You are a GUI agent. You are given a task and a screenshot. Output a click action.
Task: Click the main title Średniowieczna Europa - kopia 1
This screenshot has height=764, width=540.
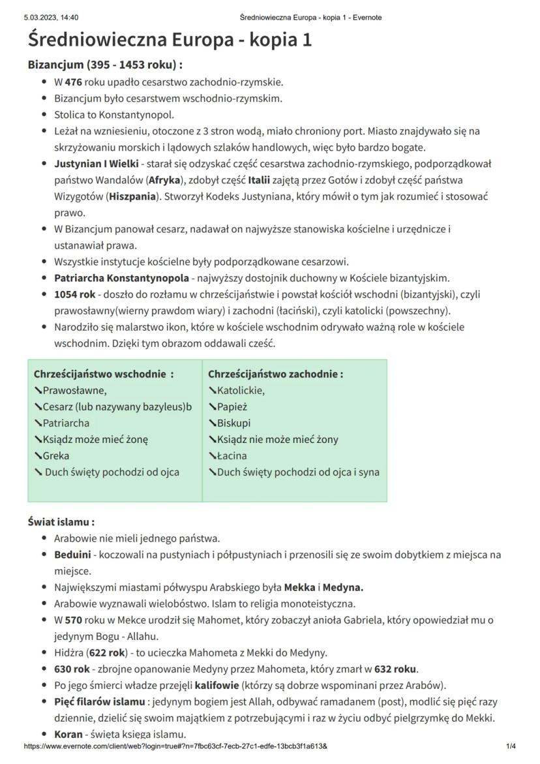(x=170, y=40)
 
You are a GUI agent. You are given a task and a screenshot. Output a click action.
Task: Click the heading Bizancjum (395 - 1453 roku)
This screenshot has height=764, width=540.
(x=104, y=66)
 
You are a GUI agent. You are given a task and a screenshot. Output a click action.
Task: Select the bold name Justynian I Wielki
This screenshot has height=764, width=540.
(x=97, y=164)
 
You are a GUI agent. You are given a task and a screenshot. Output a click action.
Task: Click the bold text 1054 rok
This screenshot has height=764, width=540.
(x=75, y=294)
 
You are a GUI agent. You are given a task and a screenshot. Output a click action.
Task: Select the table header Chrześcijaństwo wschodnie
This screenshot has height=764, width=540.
(x=103, y=374)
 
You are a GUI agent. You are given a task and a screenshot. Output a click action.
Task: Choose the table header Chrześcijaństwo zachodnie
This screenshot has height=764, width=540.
(x=275, y=374)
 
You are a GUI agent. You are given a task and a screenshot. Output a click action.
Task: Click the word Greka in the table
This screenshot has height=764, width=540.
(x=55, y=456)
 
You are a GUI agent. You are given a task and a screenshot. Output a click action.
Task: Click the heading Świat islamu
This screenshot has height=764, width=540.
(x=61, y=523)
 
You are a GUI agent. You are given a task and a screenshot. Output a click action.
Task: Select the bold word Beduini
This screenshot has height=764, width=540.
(x=72, y=555)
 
